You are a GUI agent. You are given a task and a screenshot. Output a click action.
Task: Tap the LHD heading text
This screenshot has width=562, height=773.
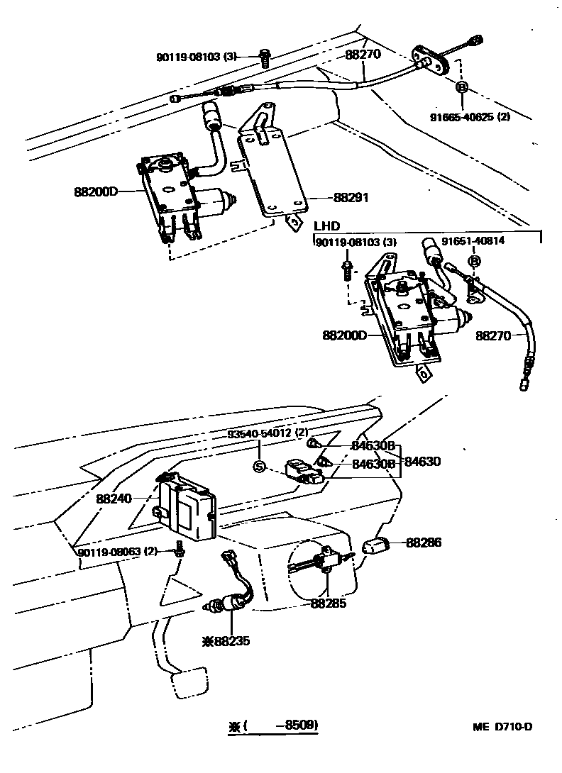(x=326, y=226)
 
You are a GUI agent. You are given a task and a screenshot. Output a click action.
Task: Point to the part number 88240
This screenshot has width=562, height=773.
(x=114, y=499)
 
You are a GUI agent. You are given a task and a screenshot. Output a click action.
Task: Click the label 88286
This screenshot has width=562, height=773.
(x=424, y=543)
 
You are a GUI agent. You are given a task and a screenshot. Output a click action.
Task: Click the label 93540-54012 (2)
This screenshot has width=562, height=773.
(x=263, y=433)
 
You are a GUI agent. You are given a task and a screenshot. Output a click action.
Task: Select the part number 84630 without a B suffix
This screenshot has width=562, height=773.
(x=423, y=462)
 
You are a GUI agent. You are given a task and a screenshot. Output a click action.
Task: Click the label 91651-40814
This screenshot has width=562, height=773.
(x=473, y=241)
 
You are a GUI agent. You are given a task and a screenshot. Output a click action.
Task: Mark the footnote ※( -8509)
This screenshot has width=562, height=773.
(x=273, y=725)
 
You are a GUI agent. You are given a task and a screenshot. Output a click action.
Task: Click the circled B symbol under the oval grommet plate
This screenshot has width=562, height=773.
(x=461, y=87)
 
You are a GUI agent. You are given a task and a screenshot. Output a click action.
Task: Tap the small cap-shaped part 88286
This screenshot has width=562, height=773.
(x=377, y=546)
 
